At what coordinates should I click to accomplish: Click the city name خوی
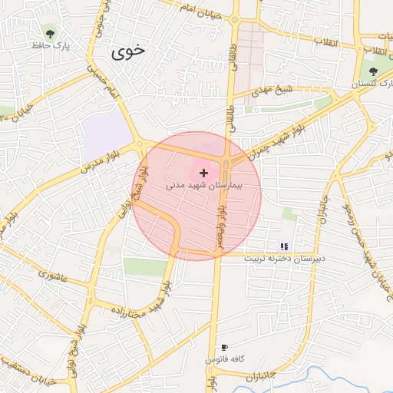(x=127, y=51)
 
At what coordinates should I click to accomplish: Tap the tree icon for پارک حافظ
(x=51, y=33)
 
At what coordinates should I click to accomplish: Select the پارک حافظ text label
(x=51, y=46)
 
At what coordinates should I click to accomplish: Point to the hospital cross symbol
(x=203, y=174)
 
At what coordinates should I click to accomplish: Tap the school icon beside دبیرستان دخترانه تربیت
(x=285, y=246)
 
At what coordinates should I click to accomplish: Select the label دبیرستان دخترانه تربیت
(x=285, y=258)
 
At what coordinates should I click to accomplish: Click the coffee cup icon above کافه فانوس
(x=224, y=348)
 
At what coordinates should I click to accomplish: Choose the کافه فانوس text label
(x=224, y=359)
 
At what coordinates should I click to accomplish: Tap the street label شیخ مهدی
(x=274, y=91)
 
